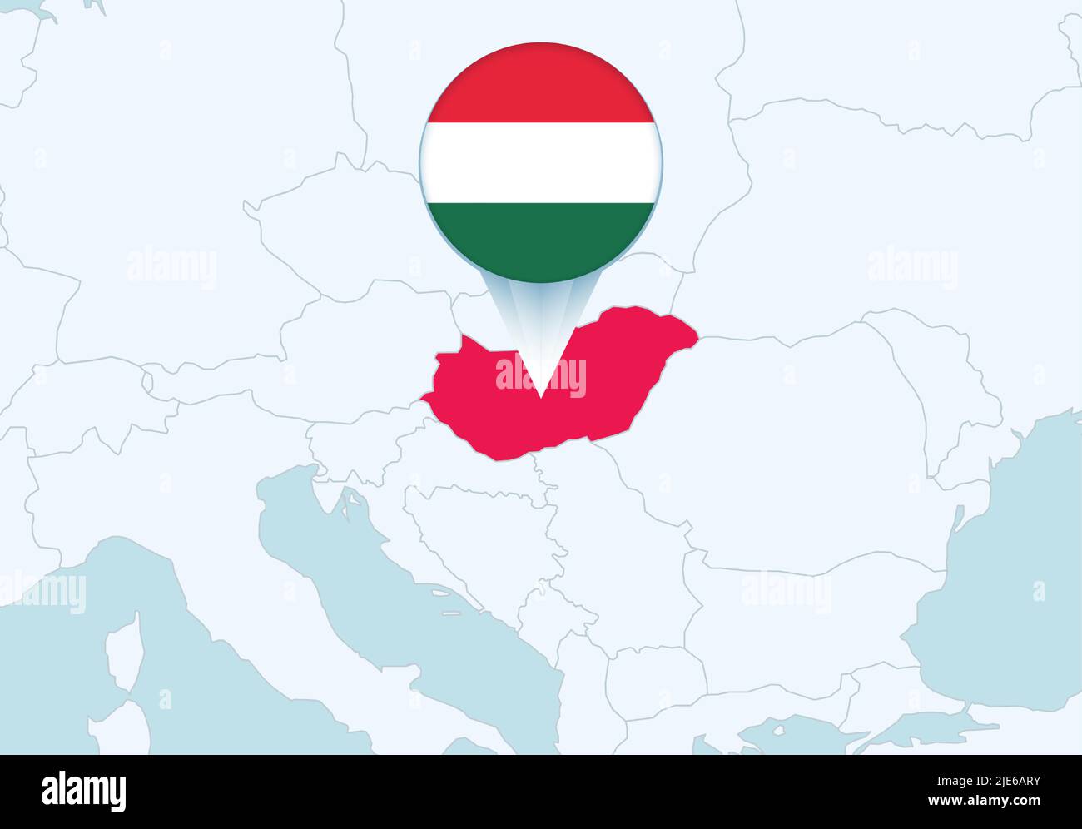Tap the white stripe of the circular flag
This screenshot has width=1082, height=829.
tap(541, 161)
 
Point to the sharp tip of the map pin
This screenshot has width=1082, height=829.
tap(541, 397)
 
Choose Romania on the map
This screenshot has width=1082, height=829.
tap(799, 416)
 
